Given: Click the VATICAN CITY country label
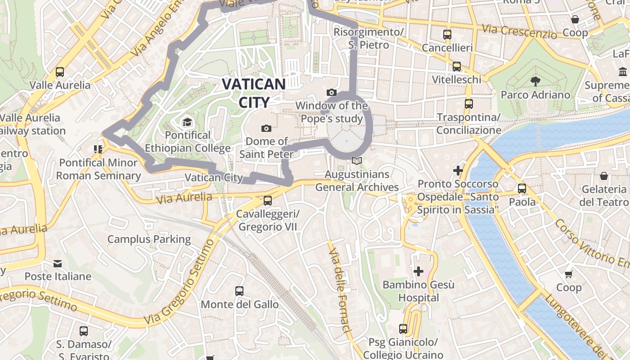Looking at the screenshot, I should point(254,93).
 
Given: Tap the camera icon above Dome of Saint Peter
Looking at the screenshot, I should point(266,128).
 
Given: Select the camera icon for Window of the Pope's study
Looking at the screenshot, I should point(332,92).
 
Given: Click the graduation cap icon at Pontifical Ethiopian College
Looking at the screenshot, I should point(187,122).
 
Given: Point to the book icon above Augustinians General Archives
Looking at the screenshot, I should point(357,161).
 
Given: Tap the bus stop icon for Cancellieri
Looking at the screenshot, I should point(447,35).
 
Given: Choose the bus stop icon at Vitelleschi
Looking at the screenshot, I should point(457,67).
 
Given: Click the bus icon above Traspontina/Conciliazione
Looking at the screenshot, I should point(469,104).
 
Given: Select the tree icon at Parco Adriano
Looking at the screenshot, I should point(535,81).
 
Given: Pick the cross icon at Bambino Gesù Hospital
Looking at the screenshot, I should point(418,271).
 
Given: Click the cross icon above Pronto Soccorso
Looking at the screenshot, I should point(458,171).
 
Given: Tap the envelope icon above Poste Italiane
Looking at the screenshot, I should point(58,263).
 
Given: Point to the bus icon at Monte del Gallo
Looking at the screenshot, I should point(239,291).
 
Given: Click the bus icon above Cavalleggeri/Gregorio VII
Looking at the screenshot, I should point(268,200).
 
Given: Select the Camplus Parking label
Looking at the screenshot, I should point(149,239).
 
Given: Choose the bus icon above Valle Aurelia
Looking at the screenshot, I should point(60,72).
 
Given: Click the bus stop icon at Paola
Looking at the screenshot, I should point(522,189).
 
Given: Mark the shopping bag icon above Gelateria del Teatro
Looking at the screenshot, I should point(604,176).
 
